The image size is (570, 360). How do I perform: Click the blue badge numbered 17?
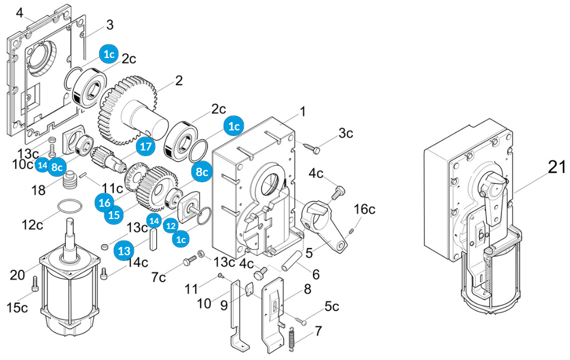146,147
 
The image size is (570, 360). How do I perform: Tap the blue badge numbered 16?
105,202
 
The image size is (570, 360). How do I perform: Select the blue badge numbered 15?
114,215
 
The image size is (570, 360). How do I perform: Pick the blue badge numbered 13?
124,250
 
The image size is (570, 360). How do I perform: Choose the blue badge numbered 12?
171,226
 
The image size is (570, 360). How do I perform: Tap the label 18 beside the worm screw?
38,191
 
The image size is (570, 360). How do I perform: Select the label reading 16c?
364,209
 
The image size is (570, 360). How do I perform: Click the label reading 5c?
332,306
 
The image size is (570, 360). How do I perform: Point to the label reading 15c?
17,308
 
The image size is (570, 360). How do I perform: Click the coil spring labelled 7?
292,338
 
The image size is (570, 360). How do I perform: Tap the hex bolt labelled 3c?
313,148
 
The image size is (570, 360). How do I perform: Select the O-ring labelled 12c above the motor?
67,205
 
